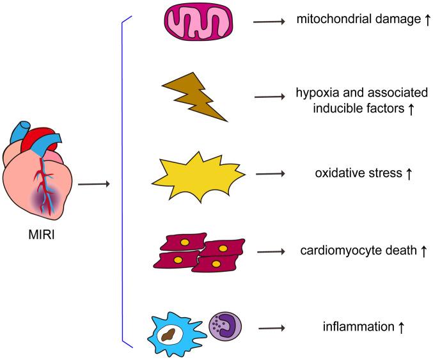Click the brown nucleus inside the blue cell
[x=170, y=331]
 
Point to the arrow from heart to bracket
[x=93, y=185]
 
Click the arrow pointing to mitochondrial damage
[x=269, y=21]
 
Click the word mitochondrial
[x=324, y=20]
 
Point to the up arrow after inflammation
[x=401, y=327]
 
